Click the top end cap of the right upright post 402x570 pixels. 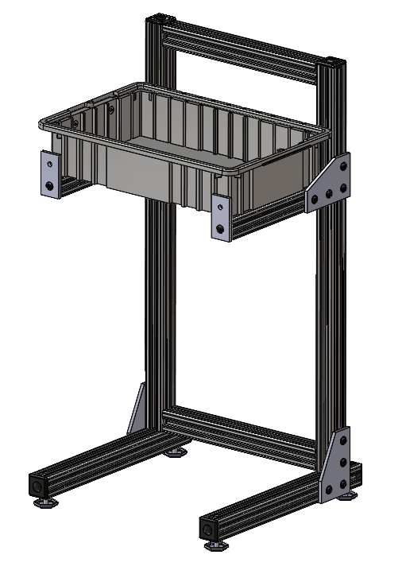[332, 61]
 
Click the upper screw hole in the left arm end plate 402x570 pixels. [51, 161]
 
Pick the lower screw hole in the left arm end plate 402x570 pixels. [50, 185]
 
